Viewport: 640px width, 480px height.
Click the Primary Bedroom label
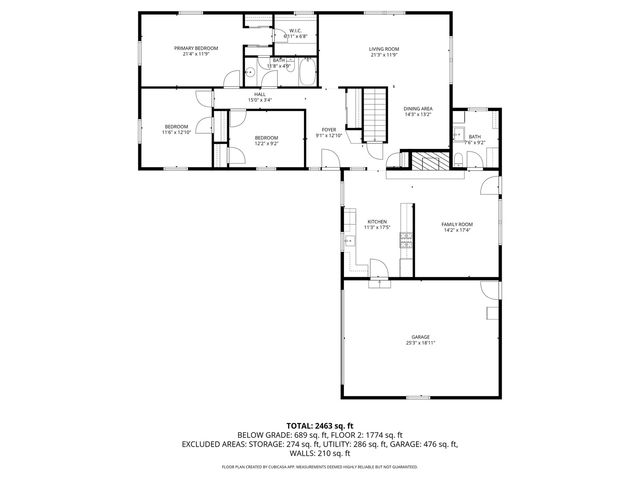point(196,48)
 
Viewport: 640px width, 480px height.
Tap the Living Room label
point(384,48)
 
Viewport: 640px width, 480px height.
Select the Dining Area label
point(417,108)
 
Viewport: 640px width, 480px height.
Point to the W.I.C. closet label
point(296,31)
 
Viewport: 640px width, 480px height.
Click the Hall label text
point(259,94)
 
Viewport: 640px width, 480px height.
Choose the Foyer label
point(329,129)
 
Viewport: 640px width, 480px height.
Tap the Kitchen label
point(377,221)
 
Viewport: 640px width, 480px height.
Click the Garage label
point(420,336)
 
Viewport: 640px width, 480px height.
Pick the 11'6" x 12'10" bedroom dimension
point(177,132)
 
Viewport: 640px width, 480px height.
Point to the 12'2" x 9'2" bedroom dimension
point(265,143)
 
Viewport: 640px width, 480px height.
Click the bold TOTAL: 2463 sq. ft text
point(320,426)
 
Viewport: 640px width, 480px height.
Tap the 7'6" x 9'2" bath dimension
point(474,143)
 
